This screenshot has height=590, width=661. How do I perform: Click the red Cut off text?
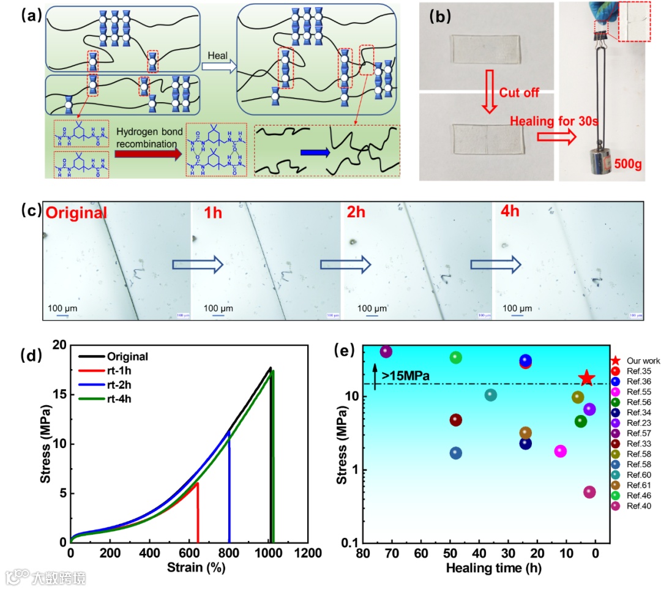pyautogui.click(x=519, y=93)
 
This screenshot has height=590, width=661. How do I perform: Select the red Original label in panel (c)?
pyautogui.click(x=77, y=213)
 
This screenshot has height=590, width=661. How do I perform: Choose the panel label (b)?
pyautogui.click(x=436, y=17)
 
